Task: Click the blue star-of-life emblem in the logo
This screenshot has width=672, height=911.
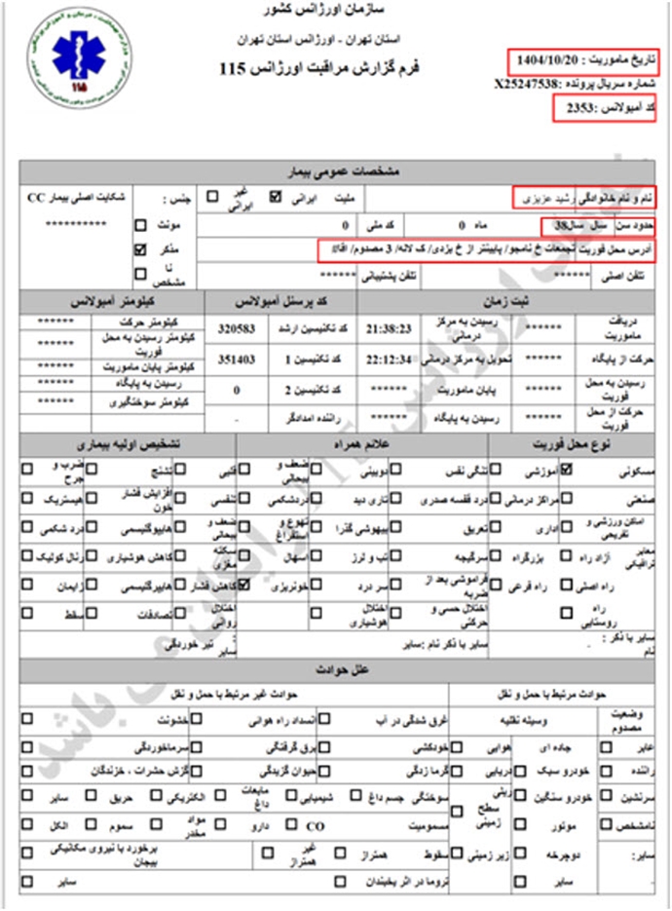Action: [70, 52]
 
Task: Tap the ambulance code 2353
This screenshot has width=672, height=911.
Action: [570, 108]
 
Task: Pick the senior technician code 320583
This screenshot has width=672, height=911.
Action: [238, 329]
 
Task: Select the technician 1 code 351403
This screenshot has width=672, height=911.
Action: [238, 359]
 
